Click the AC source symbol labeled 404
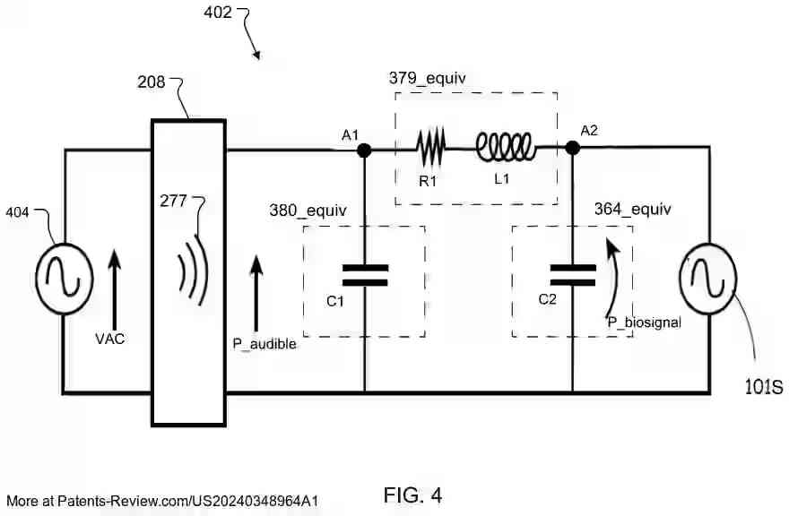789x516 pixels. (x=65, y=270)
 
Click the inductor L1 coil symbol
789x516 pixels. (x=506, y=146)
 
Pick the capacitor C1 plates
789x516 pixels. (x=364, y=275)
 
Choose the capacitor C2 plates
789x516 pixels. (x=572, y=275)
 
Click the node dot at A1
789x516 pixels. (x=364, y=150)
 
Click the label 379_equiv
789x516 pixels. (x=427, y=78)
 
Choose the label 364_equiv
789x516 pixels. (x=632, y=210)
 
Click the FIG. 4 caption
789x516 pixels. (x=412, y=494)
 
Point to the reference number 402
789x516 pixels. (x=217, y=13)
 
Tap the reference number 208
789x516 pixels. (x=152, y=82)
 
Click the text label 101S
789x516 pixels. (x=764, y=388)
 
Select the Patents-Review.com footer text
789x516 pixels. (x=162, y=501)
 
